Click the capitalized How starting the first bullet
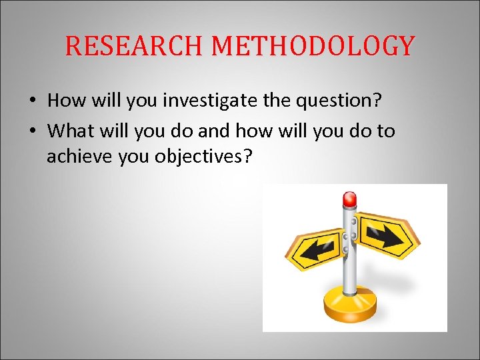(x=64, y=101)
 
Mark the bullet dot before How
(x=32, y=101)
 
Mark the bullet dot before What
(x=32, y=131)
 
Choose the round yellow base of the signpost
(x=349, y=307)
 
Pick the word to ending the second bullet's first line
(x=385, y=131)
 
